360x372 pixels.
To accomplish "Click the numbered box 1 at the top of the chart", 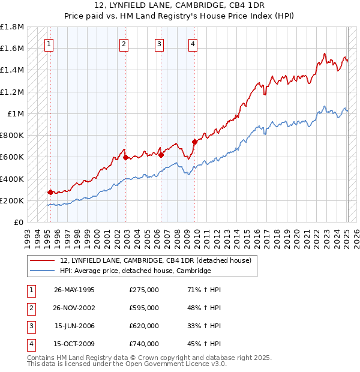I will pos(49,43).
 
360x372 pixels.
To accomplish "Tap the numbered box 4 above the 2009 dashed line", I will pos(193,43).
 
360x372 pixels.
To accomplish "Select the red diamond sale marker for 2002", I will pos(125,158).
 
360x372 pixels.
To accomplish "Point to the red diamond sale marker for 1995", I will pos(50,193).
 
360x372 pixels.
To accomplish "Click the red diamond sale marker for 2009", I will pos(194,142).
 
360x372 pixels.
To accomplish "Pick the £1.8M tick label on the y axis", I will pos(12,27).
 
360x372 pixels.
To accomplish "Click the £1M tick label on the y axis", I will pos(16,113).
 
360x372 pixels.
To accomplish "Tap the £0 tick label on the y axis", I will pos(19,222).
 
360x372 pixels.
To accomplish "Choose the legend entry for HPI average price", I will pos(135,271).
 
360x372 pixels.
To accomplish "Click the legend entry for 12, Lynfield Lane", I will pos(159,260).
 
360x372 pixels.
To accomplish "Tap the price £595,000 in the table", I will pos(144,308).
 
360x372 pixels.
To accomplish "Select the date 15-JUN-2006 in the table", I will pos(74,326).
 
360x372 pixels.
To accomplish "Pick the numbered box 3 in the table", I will pos(31,326).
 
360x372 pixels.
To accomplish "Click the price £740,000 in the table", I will pos(144,344).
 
